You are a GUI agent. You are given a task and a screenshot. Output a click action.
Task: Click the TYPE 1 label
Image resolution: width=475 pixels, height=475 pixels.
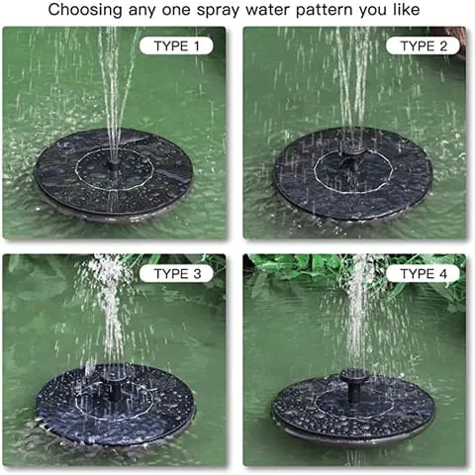click(176, 46)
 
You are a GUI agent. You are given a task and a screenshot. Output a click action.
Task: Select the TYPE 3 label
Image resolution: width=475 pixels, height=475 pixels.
click(176, 273)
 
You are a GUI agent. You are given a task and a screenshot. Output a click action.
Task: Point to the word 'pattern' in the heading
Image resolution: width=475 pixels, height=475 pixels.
click(320, 11)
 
